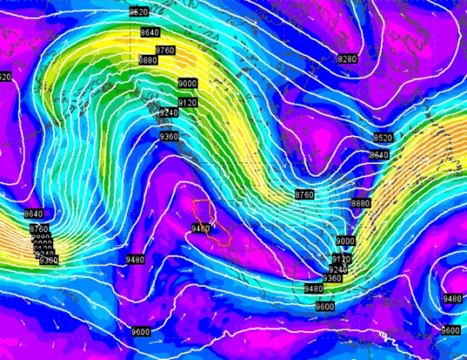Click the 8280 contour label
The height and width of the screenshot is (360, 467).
point(348,59)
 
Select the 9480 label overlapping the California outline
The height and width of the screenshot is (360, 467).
point(201,228)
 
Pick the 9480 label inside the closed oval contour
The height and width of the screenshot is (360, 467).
point(452,299)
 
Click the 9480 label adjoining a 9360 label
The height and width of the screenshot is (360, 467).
point(313,289)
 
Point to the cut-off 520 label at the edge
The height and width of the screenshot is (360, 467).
point(5,77)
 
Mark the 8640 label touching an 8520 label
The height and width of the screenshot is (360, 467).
point(379,155)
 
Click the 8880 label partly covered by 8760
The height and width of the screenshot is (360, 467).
point(148,61)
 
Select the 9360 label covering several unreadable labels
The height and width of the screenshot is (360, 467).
point(48,261)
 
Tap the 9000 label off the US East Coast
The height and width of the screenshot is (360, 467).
point(345,241)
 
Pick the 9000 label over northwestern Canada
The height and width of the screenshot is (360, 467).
point(188,84)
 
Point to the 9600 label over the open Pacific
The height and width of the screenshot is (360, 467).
point(140,332)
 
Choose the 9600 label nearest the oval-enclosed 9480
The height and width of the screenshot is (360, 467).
point(450,330)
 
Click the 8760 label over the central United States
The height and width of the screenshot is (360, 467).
point(304,194)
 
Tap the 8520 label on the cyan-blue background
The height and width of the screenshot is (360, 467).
point(139,12)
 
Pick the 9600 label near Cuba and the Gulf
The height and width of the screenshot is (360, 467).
point(325,307)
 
